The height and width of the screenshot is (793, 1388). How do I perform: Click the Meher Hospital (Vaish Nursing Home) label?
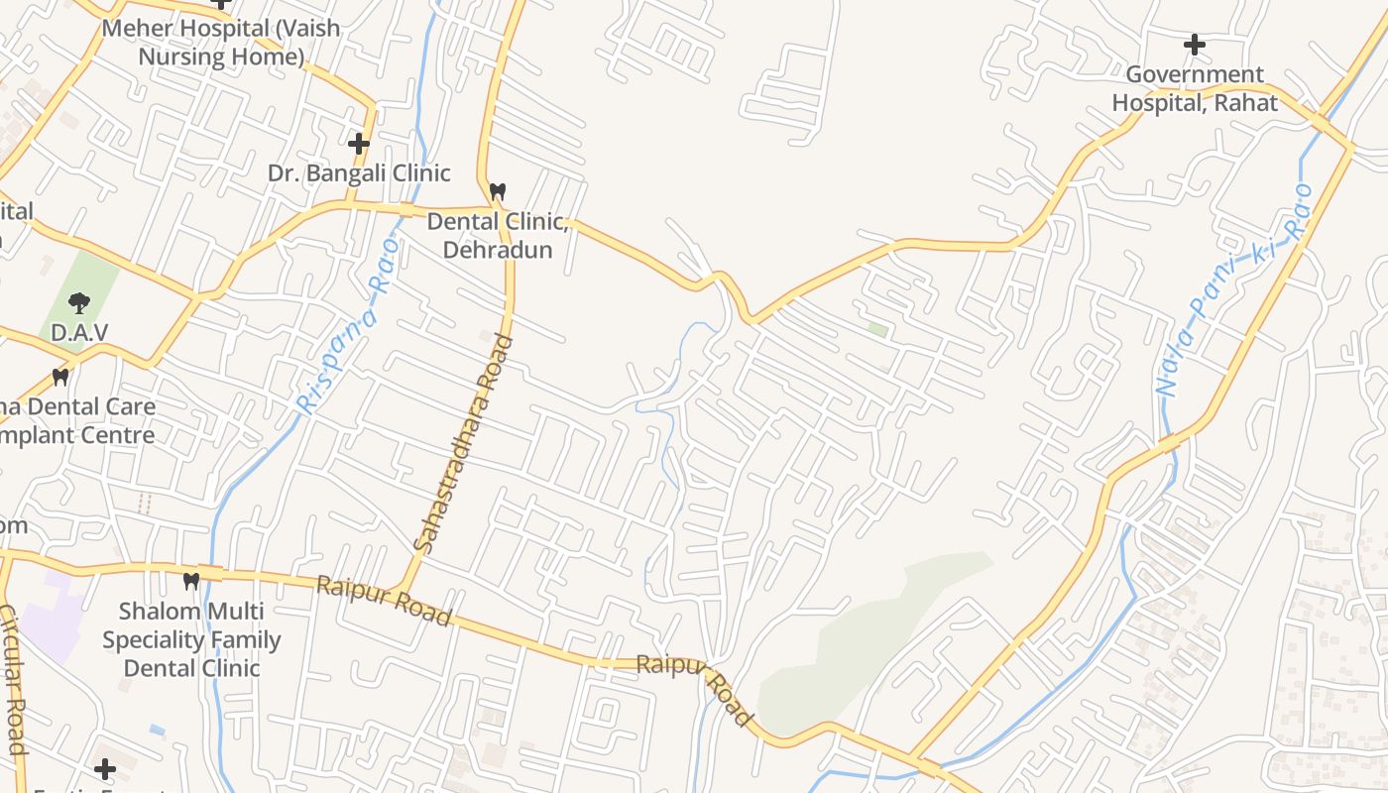pos(220,43)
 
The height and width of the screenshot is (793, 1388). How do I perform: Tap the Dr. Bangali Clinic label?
pos(359,173)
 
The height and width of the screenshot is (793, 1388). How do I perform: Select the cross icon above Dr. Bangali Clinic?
pos(359,144)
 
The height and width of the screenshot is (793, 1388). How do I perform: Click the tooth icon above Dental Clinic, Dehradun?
pos(498,190)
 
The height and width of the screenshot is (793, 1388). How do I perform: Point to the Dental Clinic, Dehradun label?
pos(498,235)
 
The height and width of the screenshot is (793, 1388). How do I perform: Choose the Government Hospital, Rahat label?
pos(1195,88)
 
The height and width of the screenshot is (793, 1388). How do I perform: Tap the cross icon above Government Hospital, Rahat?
pos(1195,45)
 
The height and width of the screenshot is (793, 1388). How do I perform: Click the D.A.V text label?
pos(79,333)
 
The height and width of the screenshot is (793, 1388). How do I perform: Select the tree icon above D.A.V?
pos(79,302)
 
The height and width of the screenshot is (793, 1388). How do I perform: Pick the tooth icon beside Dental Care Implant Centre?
pos(60,377)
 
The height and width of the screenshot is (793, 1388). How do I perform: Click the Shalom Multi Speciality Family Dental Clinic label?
pos(191,639)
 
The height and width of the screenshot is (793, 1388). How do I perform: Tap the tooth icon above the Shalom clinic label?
pos(191,580)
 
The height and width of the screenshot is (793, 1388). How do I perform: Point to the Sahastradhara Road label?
pos(464,444)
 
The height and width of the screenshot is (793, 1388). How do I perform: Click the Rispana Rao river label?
pos(349,325)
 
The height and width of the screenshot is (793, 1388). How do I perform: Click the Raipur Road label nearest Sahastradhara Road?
pos(384,601)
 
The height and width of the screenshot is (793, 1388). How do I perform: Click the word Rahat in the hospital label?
pos(1239,102)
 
